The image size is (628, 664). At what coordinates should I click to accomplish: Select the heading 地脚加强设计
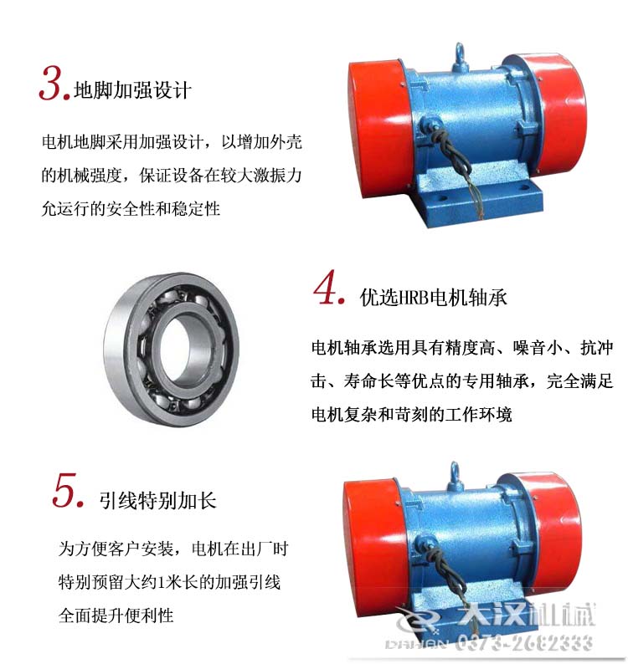133,89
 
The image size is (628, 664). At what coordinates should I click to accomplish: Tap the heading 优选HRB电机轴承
433,297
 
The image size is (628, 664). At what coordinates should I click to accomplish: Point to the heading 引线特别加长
158,500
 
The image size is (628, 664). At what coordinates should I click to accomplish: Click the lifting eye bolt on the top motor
460,55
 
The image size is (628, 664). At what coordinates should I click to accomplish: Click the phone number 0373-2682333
525,642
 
